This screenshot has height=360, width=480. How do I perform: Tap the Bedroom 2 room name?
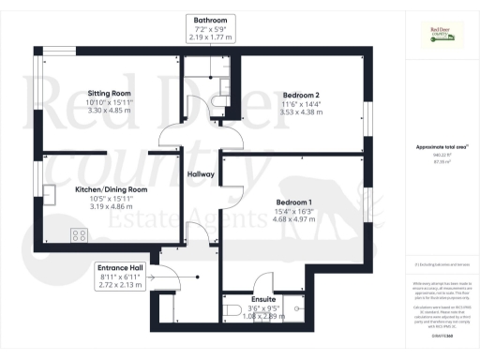pos(302,95)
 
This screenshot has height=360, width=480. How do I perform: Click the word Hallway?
pos(202,174)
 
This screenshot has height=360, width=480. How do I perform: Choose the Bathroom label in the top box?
pos(210,19)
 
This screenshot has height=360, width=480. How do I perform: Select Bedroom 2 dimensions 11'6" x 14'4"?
pos(302,103)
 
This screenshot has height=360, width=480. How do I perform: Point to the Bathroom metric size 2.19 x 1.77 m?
pos(210,36)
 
